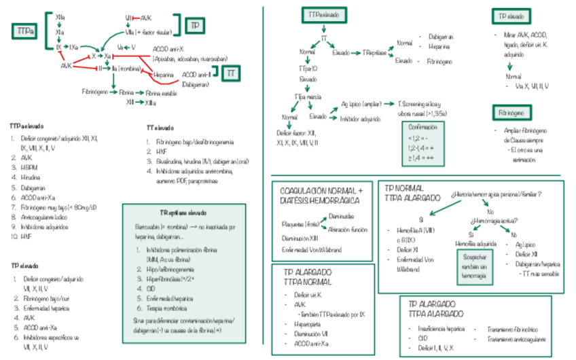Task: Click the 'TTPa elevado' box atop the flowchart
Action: (325, 14)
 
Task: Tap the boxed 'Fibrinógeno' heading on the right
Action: (510, 113)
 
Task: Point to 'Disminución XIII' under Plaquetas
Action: (301, 238)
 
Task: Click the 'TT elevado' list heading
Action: (160, 127)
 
